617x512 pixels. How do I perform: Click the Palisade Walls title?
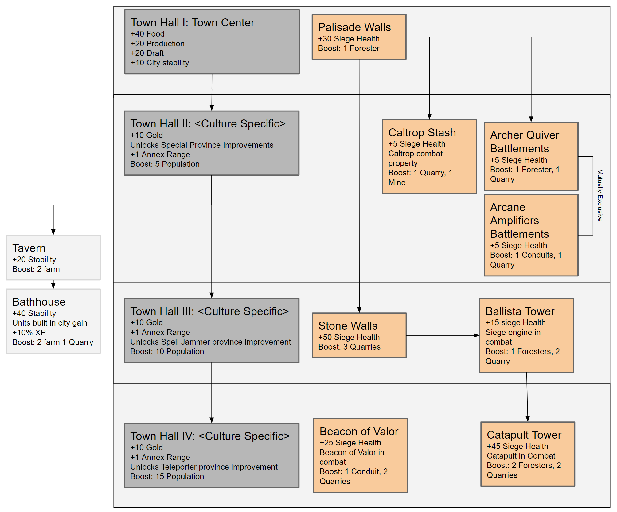pyautogui.click(x=354, y=27)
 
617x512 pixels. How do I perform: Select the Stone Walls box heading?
pyautogui.click(x=348, y=326)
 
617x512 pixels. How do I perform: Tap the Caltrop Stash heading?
pyautogui.click(x=422, y=133)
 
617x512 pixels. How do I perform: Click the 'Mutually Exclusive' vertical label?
pyautogui.click(x=599, y=195)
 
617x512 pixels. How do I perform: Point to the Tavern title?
pyautogui.click(x=29, y=248)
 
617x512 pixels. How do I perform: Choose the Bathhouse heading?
pyautogui.click(x=39, y=302)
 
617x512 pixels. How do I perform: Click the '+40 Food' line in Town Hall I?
pyautogui.click(x=147, y=34)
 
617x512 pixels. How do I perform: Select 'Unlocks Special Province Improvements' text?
pyautogui.click(x=201, y=145)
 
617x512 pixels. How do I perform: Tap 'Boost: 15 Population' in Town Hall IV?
pyautogui.click(x=167, y=476)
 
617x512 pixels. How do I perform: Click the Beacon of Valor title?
pyautogui.click(x=359, y=432)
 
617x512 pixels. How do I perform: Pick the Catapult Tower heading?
pyautogui.click(x=524, y=435)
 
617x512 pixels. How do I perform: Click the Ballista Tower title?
pyautogui.click(x=520, y=311)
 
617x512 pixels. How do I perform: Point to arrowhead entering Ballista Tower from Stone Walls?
pyautogui.click(x=477, y=335)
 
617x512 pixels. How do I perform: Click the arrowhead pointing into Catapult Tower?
pyautogui.click(x=528, y=419)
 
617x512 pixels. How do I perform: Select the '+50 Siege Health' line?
pyautogui.click(x=349, y=337)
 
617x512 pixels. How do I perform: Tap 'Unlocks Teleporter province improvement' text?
pyautogui.click(x=204, y=467)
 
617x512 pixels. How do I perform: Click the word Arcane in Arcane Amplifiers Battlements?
pyautogui.click(x=507, y=207)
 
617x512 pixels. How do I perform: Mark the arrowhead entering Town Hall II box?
pyautogui.click(x=212, y=108)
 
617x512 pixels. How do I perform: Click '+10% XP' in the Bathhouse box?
pyautogui.click(x=29, y=333)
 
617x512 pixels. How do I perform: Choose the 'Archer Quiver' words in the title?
pyautogui.click(x=524, y=135)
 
